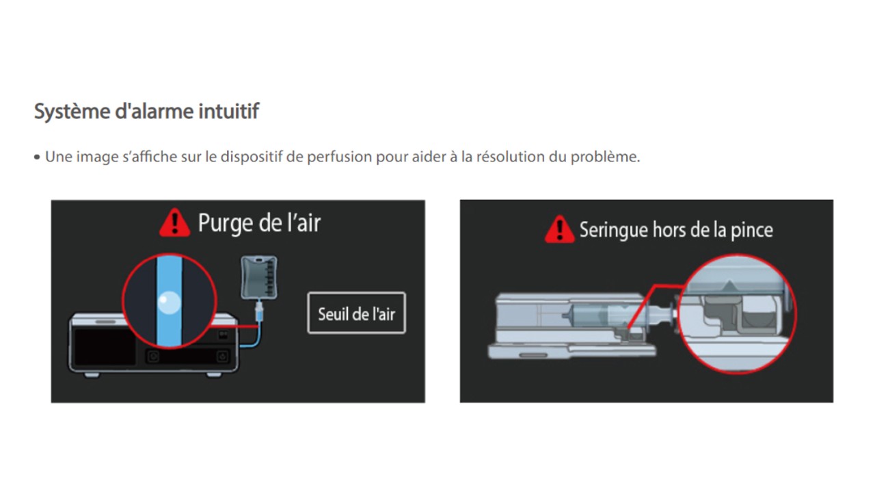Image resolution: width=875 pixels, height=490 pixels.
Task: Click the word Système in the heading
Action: coord(72,112)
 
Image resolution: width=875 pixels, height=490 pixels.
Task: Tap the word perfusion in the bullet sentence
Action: coord(339,157)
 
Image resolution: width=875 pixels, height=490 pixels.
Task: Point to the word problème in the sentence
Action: coord(605,157)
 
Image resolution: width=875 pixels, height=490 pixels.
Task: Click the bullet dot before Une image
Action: coord(37,157)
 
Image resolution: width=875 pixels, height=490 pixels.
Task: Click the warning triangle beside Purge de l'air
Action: coord(174,222)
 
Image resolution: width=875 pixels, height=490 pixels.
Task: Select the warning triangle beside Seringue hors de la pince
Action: coord(559,229)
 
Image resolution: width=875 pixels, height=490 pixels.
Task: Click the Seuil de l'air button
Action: coord(357,313)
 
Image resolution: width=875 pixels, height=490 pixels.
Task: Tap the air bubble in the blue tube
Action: coord(169,302)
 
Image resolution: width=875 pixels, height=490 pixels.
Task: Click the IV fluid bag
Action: coord(259,278)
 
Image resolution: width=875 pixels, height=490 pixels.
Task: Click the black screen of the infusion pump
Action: coord(105,346)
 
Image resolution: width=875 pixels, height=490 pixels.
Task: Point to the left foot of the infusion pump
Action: coord(92,374)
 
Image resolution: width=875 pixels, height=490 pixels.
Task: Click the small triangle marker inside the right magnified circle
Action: coord(729,285)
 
